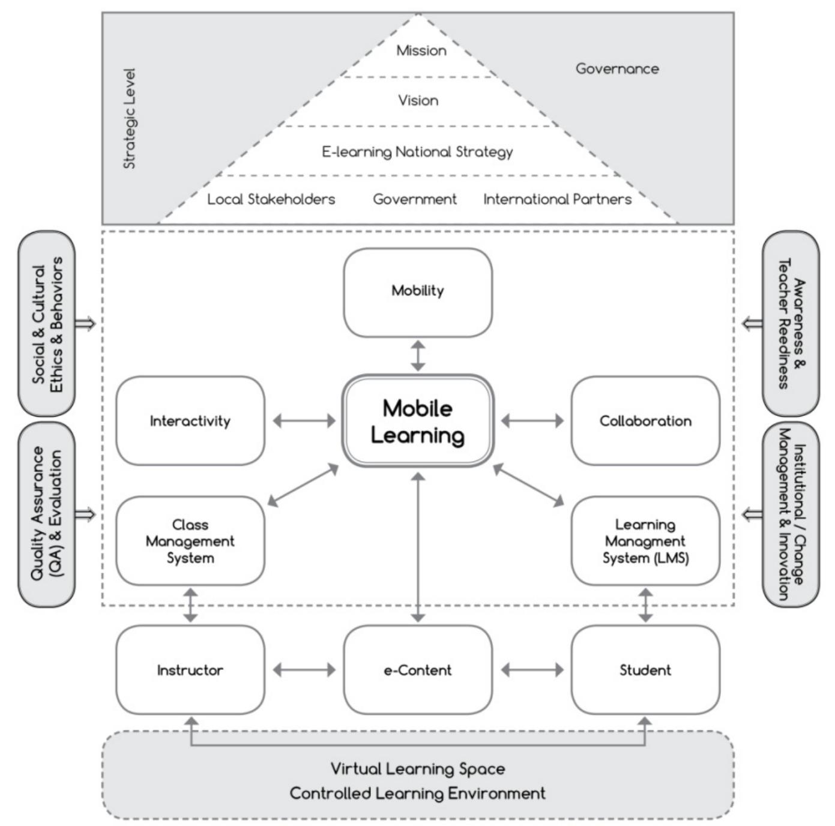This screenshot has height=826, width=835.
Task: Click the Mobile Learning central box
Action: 418,421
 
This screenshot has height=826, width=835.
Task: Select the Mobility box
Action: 418,292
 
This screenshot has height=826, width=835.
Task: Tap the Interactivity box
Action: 190,421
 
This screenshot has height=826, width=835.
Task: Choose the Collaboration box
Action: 645,421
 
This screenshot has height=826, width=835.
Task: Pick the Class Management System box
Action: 190,541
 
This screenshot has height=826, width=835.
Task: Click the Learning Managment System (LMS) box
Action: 645,541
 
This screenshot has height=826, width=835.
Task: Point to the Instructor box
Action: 190,670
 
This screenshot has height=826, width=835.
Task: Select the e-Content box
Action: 418,670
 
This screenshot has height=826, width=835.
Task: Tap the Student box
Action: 645,670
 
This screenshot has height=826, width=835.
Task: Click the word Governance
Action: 617,69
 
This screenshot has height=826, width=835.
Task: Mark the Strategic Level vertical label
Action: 130,118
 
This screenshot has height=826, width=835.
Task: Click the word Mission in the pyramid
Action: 421,50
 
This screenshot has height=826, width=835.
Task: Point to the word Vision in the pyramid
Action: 418,100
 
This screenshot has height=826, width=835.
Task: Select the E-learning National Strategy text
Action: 418,152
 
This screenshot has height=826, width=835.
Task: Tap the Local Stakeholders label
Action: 271,199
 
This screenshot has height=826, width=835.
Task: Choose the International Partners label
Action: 558,199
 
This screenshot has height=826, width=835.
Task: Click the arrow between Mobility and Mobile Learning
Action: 418,356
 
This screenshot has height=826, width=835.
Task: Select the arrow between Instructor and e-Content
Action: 304,670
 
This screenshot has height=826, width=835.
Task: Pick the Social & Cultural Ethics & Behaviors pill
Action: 47,324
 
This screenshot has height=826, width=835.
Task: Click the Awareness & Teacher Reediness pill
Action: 791,324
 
